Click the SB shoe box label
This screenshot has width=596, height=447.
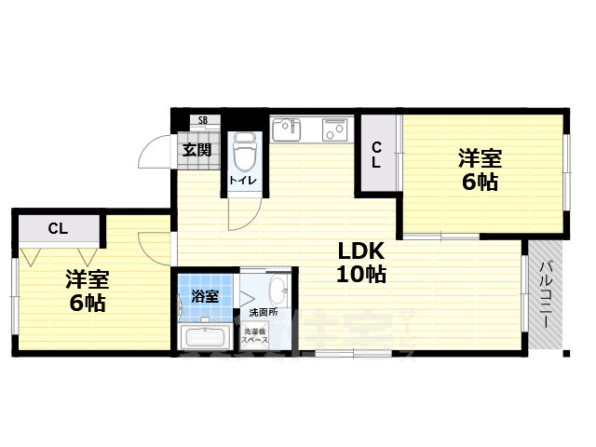203,120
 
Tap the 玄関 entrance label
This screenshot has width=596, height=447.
196,149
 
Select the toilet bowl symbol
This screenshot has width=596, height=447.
245,148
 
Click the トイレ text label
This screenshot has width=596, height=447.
245,179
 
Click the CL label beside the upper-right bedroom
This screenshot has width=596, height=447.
377,154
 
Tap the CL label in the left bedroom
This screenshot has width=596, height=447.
58,227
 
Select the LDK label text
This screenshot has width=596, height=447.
355,251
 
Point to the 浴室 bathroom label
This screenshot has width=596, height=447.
205,297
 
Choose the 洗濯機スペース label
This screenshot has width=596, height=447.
256,336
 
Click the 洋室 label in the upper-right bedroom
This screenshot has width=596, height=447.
481,156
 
